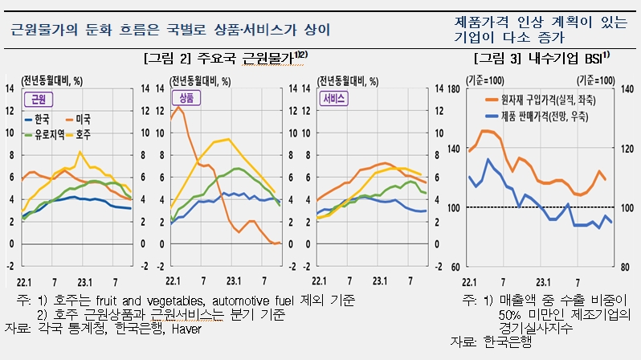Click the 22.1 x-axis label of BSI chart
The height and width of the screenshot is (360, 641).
pos(471,282)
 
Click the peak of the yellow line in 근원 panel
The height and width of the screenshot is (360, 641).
pos(80,151)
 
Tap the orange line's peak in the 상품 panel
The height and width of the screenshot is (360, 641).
pos(179,107)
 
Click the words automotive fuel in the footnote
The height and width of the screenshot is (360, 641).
pos(233,300)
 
